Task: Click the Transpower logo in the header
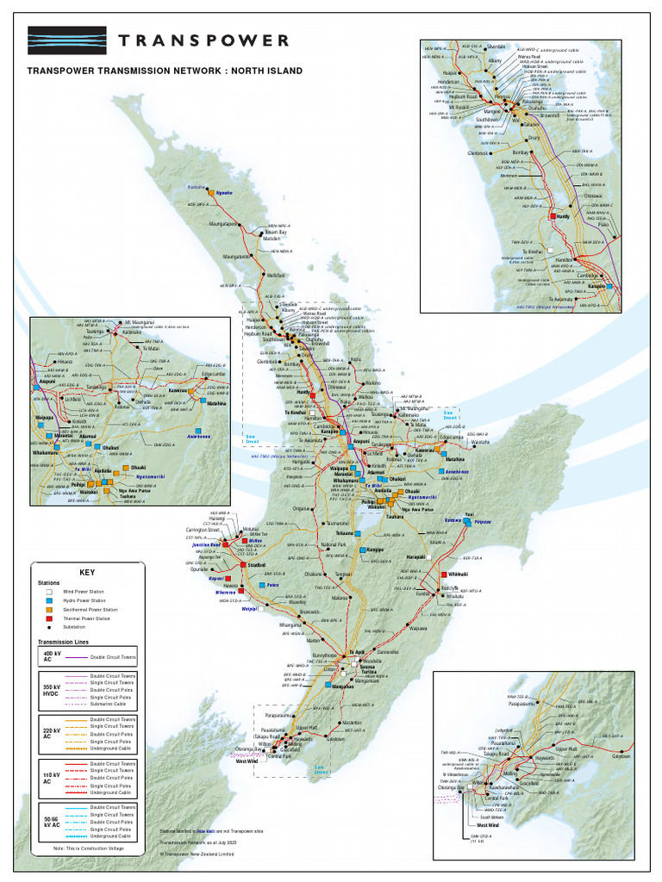pos(67,40)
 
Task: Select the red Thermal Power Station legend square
pos(43,618)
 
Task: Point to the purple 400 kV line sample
pos(78,657)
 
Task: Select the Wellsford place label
pos(277,275)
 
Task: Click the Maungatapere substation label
pos(223,224)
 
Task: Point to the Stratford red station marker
pos(243,564)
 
